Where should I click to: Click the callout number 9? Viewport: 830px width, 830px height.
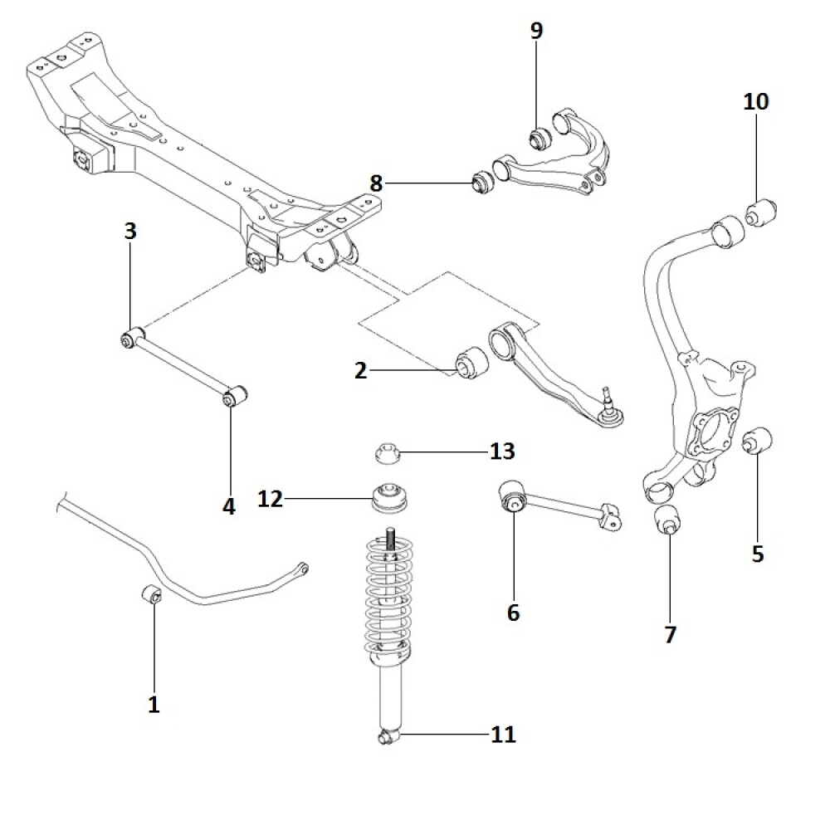pos(536,32)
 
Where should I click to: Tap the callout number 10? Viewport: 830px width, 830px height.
pos(756,102)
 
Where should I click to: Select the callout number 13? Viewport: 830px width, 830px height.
pos(502,452)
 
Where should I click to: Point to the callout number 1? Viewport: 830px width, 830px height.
pos(154,705)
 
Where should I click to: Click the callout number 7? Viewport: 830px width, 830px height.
pos(670,635)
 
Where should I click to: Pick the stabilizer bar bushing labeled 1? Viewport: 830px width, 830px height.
pos(152,595)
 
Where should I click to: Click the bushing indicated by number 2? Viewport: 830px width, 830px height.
pos(471,362)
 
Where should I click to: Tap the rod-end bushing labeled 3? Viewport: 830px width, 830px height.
pos(129,339)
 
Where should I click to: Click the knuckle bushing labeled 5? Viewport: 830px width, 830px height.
pos(759,441)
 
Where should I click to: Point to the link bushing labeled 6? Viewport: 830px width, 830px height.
pos(514,498)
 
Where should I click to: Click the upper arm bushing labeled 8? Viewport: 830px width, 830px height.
pos(482,181)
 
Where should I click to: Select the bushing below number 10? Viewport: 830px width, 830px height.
pos(759,212)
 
